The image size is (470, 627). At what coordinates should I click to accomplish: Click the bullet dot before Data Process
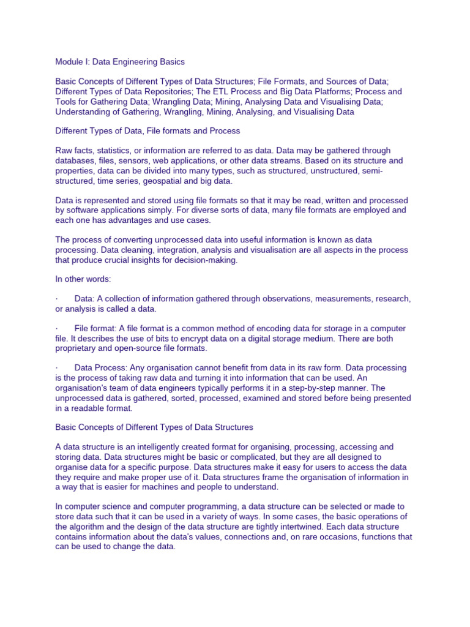[57, 368]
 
